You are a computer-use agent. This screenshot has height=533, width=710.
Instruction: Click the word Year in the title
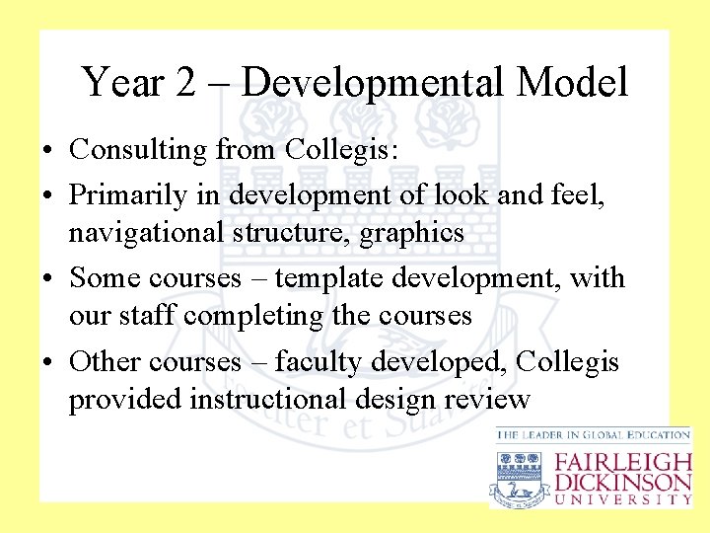coord(123,82)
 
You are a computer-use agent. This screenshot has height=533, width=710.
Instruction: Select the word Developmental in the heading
coord(373,82)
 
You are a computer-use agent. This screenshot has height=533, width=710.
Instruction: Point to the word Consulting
coord(138,150)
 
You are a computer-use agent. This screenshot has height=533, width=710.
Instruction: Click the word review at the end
coord(487,400)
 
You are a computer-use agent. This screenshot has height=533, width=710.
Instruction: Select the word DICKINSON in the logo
coord(622,483)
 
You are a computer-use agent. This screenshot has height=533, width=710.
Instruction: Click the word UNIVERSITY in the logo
coord(622,499)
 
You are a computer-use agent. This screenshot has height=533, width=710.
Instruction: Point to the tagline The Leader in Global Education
coord(593,434)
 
